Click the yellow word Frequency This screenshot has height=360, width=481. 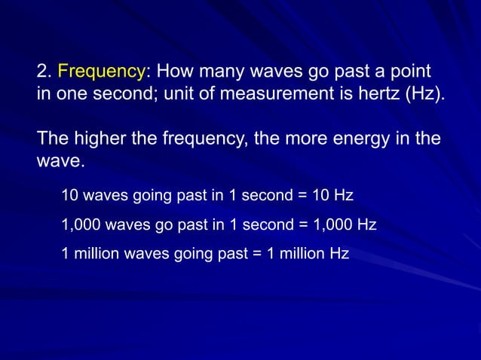(101, 73)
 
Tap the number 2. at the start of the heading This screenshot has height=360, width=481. (44, 73)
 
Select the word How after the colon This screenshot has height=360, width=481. (173, 73)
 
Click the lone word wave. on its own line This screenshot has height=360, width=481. (57, 162)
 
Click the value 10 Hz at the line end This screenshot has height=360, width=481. (332, 196)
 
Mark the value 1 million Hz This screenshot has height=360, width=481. (314, 254)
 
